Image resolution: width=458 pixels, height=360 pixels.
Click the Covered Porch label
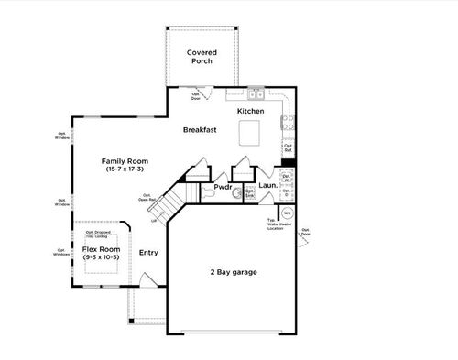point(201,58)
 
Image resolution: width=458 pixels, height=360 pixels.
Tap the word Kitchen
point(251,111)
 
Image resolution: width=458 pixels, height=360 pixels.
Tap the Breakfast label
point(199,130)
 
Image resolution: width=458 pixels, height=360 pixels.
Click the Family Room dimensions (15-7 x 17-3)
point(124,169)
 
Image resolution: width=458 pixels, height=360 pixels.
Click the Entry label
point(148,252)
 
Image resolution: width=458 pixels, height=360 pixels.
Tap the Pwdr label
point(224,186)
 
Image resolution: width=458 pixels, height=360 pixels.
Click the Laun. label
point(268,186)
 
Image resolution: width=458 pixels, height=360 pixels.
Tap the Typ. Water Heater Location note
point(274,223)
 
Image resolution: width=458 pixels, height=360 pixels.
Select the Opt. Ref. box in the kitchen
point(288,147)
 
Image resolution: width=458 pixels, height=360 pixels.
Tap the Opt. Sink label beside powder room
point(250,193)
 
